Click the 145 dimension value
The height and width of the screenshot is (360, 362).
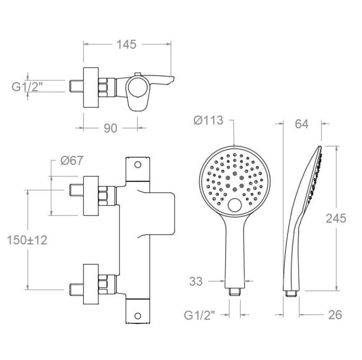click(127, 45)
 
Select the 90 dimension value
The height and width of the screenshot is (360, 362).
click(110, 128)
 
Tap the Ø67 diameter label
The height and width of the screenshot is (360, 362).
click(72, 160)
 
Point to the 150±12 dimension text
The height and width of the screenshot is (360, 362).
click(27, 240)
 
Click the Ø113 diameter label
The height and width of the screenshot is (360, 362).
click(208, 120)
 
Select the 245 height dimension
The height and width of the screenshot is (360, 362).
click(336, 218)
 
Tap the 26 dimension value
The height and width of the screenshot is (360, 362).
click(335, 315)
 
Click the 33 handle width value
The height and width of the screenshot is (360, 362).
click(196, 281)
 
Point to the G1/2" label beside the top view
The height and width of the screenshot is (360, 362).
click(27, 87)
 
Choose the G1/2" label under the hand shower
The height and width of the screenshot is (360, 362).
click(199, 315)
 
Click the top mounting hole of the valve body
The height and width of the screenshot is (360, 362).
click(138, 165)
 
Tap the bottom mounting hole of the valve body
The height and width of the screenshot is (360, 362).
click(138, 316)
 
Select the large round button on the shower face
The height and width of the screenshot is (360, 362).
click(235, 205)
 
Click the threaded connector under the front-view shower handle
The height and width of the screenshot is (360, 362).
click(235, 292)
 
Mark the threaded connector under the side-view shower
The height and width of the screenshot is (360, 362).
click(291, 293)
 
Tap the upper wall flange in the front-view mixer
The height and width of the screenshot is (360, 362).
click(91, 196)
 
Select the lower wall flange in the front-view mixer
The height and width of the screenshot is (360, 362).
click(91, 284)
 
